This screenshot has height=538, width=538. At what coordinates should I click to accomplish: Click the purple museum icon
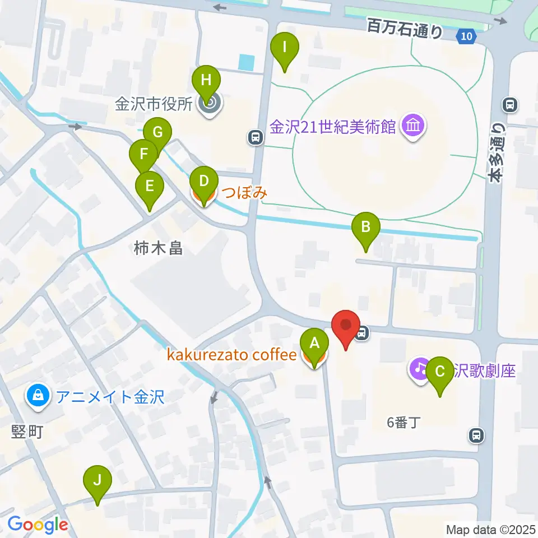tap(414, 127)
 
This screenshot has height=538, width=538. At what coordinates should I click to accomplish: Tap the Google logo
tap(38, 525)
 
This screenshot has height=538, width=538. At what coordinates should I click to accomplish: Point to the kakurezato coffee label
tap(230, 355)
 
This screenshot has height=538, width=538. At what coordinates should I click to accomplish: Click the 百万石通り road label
tap(405, 28)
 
